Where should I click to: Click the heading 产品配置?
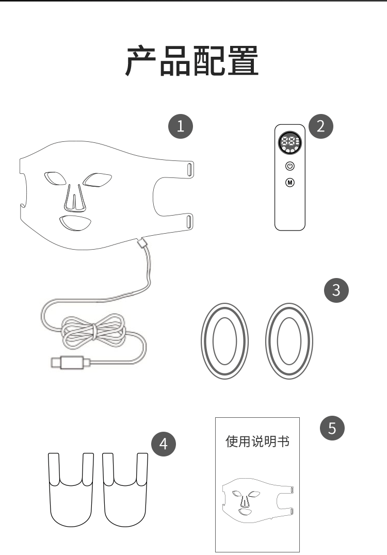[192, 61]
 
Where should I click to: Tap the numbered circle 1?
[181, 126]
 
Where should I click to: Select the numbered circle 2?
[321, 126]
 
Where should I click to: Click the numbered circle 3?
[336, 290]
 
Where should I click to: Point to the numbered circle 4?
[163, 444]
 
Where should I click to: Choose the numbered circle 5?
[332, 428]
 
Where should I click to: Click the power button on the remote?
[290, 166]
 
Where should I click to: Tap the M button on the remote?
[290, 182]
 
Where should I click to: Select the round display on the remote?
[290, 143]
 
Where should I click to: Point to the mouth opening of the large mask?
[75, 223]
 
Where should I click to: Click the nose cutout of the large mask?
[75, 198]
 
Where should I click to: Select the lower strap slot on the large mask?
[189, 221]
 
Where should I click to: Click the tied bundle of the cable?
[94, 331]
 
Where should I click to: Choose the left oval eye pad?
[224, 340]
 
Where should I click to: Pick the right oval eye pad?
[289, 340]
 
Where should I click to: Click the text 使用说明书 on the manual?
[257, 442]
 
